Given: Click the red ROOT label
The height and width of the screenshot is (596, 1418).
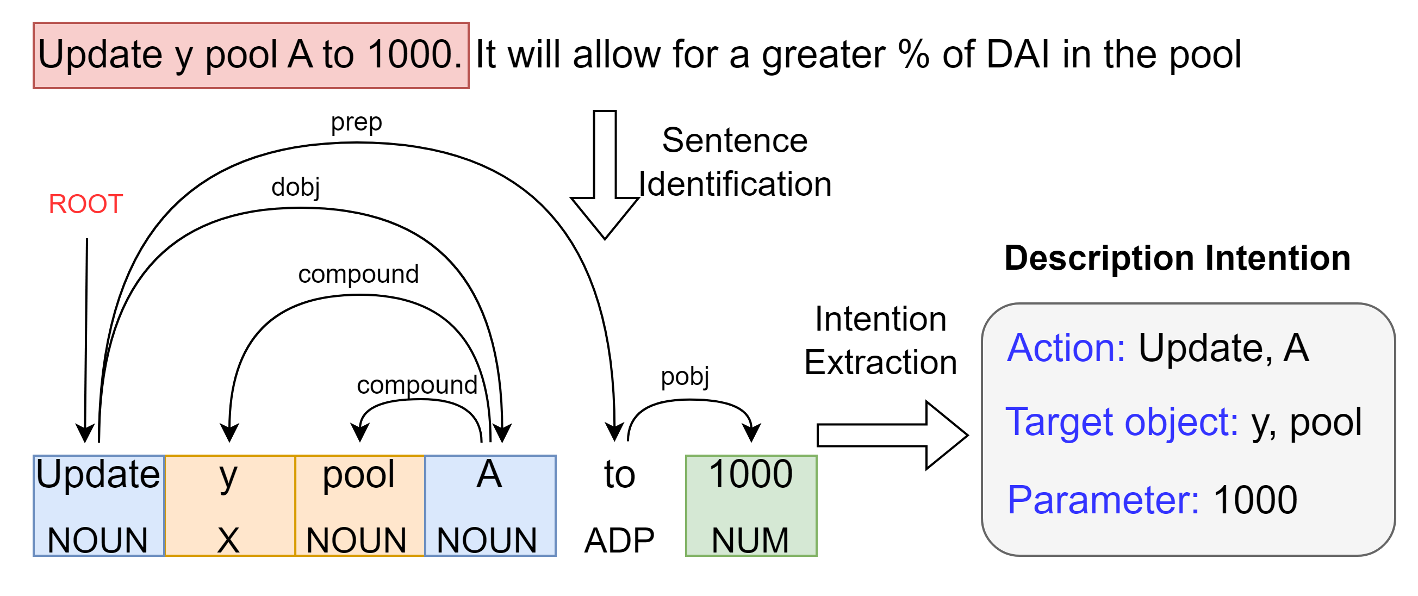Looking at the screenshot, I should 86,204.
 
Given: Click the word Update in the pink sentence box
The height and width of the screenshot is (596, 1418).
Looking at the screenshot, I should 99,55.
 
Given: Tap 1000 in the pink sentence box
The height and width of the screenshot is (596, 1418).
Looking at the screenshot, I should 409,55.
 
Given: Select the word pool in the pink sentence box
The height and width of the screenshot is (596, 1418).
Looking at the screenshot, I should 241,55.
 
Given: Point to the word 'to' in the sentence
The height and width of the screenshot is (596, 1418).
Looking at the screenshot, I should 338,55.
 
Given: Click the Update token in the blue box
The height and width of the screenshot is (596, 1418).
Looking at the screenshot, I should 98,474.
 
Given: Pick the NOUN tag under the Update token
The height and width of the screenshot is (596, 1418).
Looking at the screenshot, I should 98,540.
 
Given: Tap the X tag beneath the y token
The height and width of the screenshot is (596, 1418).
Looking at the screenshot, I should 228,540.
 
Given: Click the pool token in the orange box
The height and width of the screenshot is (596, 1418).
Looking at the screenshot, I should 358,474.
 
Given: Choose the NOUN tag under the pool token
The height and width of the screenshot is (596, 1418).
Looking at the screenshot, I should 356,540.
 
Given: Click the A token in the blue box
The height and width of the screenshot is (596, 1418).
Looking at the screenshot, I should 489,474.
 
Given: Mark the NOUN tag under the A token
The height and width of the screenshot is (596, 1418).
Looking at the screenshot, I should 487,540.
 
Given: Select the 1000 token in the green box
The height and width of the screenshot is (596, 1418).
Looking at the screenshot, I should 750,474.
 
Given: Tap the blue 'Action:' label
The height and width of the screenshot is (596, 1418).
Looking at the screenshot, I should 1066,349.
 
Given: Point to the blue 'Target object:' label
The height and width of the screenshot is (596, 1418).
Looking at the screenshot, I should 1121,423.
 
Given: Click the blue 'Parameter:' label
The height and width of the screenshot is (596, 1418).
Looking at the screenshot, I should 1103,500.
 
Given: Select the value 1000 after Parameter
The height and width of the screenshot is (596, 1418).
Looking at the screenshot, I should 1255,500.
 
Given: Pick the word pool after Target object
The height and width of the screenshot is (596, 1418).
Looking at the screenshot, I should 1326,423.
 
